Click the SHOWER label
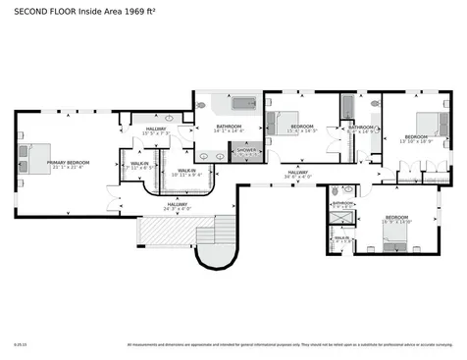[245, 151]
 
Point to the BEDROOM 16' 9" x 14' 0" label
[396, 220]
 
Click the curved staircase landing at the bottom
[216, 256]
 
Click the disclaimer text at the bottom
[289, 344]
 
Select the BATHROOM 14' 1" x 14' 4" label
[229, 129]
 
